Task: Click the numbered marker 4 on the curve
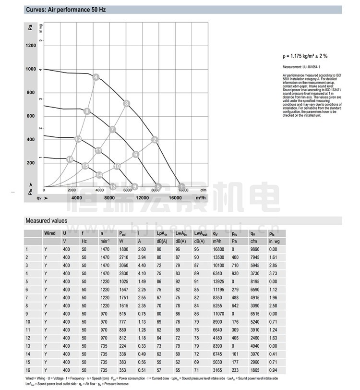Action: pos(96,77)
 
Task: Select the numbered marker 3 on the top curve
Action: pos(126,103)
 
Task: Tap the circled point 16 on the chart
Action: pos(70,159)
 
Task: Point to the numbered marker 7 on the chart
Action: pos(112,129)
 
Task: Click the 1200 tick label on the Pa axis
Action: pos(31,46)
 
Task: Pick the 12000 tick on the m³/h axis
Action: pos(142,198)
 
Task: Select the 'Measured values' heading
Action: pos(46,221)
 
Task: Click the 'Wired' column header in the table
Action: pos(50,233)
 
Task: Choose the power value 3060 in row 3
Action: pos(105,265)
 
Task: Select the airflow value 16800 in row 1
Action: pos(218,249)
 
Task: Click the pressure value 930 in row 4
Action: pos(235,273)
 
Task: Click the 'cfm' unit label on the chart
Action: pos(204,190)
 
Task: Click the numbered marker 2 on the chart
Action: pos(155,140)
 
